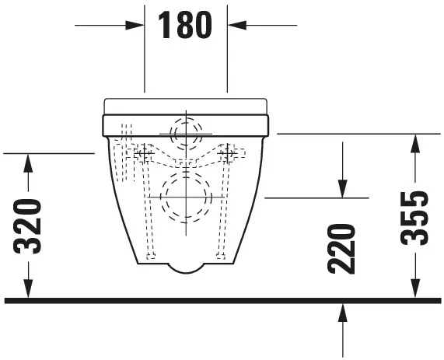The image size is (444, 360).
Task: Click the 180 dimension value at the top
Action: click(x=185, y=25)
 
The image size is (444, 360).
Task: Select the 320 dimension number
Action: click(x=28, y=226)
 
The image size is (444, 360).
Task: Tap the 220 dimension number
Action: click(x=342, y=248)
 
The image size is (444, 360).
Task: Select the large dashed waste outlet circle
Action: click(x=185, y=197)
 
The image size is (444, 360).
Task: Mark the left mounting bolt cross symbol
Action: click(x=142, y=155)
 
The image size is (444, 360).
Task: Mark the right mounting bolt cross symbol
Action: click(x=229, y=155)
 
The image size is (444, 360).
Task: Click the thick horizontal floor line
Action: click(x=222, y=299)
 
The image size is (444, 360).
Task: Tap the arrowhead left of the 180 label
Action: click(x=138, y=25)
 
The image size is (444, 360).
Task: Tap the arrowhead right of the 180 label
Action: click(x=234, y=25)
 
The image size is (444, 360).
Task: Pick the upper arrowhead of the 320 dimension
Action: click(x=28, y=161)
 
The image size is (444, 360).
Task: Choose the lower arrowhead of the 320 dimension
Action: click(x=28, y=289)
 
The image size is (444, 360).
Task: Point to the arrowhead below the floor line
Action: click(x=342, y=311)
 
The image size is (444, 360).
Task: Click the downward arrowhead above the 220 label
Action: click(x=342, y=190)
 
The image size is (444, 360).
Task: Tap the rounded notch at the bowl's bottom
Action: click(x=185, y=268)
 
